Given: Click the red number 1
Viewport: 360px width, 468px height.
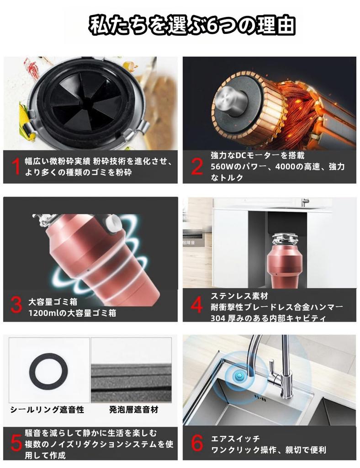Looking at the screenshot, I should pos(16,166).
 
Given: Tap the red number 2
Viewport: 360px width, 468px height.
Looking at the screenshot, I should pos(196,166).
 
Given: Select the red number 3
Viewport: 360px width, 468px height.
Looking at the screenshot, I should pos(16,305).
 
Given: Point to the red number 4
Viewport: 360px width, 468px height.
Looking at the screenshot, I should pos(197,305).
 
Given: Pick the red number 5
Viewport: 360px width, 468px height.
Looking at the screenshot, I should pos(16,442).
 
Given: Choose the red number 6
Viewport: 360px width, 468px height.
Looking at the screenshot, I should pos(197,442).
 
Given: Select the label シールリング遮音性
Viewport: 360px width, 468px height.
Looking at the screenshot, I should pos(48,409).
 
